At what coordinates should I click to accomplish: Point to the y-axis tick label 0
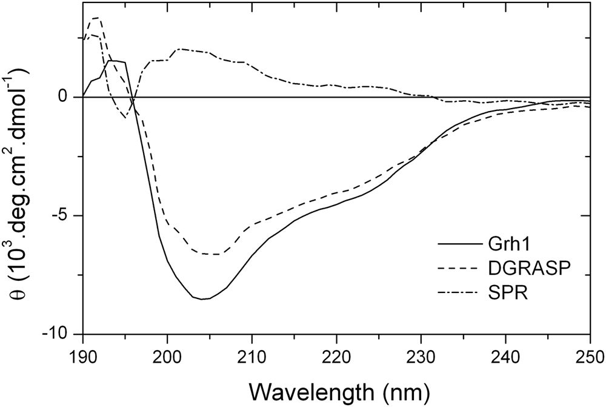click(68, 97)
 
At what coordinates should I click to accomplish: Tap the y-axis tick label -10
click(59, 334)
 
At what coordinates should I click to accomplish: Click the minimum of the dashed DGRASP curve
click(215, 254)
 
